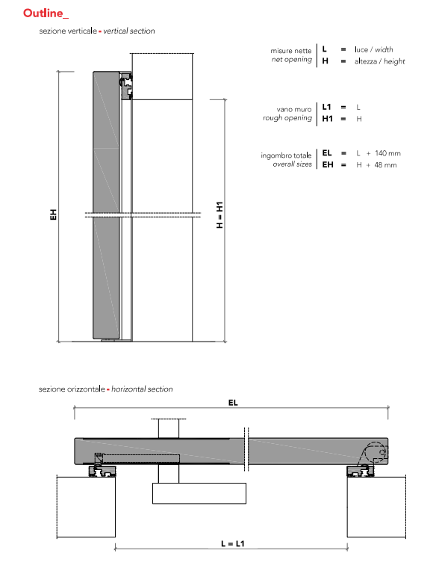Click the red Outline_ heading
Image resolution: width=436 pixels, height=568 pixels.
(x=46, y=13)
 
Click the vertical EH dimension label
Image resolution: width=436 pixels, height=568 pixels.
(x=53, y=214)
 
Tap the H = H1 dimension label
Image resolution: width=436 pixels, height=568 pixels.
(x=219, y=214)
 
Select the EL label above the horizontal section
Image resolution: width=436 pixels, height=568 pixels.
(x=233, y=402)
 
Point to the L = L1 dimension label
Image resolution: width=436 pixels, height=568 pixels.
(x=233, y=543)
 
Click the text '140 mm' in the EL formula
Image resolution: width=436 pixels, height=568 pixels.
(x=387, y=153)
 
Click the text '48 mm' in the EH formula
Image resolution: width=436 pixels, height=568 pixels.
(x=385, y=165)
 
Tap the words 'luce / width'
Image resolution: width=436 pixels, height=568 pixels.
(x=374, y=49)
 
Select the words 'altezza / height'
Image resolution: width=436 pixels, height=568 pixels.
(x=379, y=61)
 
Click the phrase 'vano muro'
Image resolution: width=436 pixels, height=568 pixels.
(x=294, y=109)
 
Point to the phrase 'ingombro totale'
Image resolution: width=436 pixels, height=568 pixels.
(x=286, y=155)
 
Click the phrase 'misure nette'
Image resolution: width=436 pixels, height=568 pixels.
(x=291, y=51)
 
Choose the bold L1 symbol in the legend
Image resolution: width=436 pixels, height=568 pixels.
(x=326, y=107)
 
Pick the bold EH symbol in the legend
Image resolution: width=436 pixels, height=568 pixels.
(x=328, y=164)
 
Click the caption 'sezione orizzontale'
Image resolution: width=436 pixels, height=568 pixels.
(x=72, y=389)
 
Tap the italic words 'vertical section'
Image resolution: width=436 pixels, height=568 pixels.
(x=129, y=31)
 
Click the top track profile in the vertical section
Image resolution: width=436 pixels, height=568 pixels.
(x=127, y=85)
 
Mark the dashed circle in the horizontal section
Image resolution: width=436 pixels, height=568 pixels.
(x=376, y=452)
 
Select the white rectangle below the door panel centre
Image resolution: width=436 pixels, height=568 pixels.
(x=199, y=493)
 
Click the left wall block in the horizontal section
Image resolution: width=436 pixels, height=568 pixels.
(x=86, y=507)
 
